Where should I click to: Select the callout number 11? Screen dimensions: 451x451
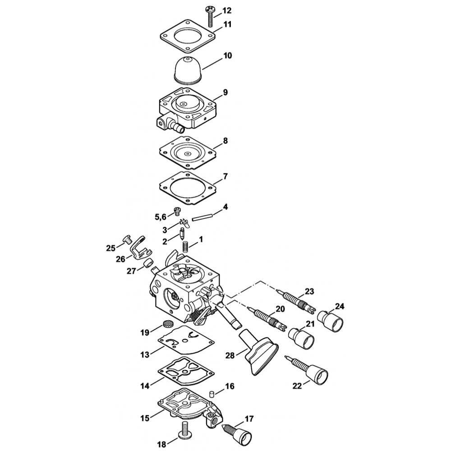227,24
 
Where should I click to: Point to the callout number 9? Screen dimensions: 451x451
225,92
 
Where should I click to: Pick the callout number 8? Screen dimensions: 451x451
225,141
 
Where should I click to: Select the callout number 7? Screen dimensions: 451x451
225,175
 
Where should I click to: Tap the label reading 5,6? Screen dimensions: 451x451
160,217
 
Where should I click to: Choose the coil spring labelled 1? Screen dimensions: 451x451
185,247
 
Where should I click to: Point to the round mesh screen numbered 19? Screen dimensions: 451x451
168,324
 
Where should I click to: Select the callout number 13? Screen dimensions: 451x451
144,355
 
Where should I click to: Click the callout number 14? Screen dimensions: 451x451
144,386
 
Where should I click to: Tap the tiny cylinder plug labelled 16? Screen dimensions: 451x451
210,394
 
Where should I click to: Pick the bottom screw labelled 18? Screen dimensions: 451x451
184,431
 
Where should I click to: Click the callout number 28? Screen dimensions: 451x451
230,356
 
